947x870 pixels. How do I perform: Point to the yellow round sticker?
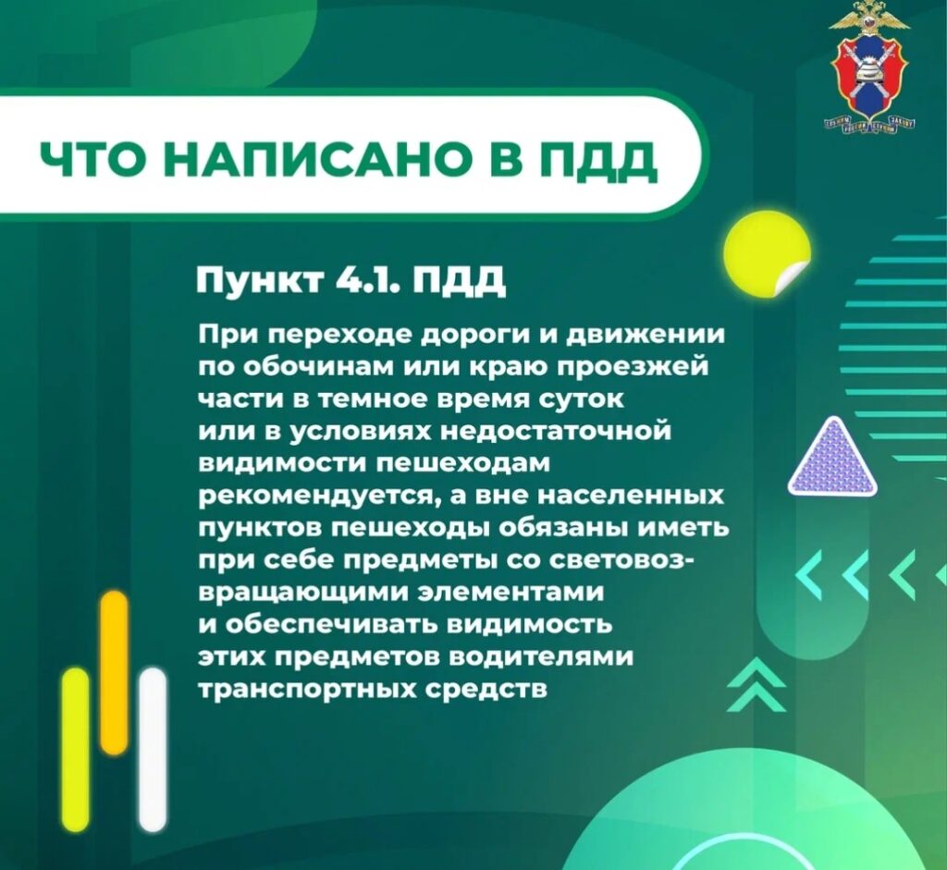tap(767, 257)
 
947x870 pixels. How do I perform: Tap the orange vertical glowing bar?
tap(114, 672)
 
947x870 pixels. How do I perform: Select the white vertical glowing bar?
tap(153, 749)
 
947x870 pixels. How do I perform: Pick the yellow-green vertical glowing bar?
tap(76, 749)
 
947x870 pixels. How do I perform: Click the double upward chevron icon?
tap(756, 685)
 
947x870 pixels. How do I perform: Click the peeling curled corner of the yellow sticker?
tap(793, 279)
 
